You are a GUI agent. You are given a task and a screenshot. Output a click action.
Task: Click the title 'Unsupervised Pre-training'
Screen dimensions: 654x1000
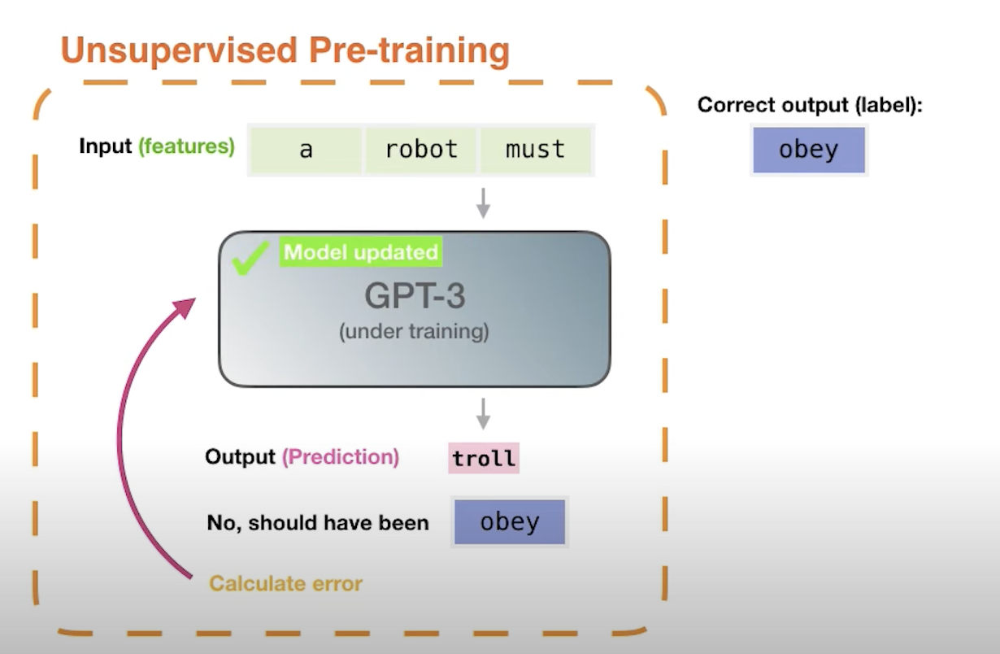point(285,50)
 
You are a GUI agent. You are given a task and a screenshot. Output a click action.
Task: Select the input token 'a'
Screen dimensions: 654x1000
point(306,150)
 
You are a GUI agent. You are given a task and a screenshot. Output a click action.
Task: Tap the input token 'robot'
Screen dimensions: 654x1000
point(421,150)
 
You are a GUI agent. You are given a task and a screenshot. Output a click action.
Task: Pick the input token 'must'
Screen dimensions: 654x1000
point(535,150)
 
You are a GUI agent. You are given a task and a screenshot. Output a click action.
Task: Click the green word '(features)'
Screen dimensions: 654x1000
point(186,146)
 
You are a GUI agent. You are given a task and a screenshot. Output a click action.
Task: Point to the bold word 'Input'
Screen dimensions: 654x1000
point(105,146)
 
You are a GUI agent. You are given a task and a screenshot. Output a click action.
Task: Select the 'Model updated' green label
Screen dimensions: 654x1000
point(361,252)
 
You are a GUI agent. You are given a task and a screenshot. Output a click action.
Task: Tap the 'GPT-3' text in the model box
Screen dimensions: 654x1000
point(414,296)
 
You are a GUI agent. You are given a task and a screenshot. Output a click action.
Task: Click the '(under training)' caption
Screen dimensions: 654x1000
point(414,332)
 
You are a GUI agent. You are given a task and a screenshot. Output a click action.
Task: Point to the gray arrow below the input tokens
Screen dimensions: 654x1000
point(483,203)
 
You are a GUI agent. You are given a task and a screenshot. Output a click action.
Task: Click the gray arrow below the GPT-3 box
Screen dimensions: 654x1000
point(483,413)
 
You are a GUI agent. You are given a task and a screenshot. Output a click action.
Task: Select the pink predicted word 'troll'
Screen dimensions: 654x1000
point(484,459)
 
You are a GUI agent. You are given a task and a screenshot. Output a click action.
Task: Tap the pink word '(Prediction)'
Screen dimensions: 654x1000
point(341,457)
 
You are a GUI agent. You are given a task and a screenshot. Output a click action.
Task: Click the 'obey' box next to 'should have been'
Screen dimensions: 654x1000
point(510,521)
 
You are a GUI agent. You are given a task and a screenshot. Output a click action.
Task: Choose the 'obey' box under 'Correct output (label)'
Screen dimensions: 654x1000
point(808,150)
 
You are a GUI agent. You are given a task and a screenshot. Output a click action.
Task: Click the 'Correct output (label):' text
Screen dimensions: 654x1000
point(810,106)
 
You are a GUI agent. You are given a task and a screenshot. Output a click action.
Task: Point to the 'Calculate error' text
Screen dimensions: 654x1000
point(285,583)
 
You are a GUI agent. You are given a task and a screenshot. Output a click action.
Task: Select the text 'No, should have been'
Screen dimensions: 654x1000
point(318,522)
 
